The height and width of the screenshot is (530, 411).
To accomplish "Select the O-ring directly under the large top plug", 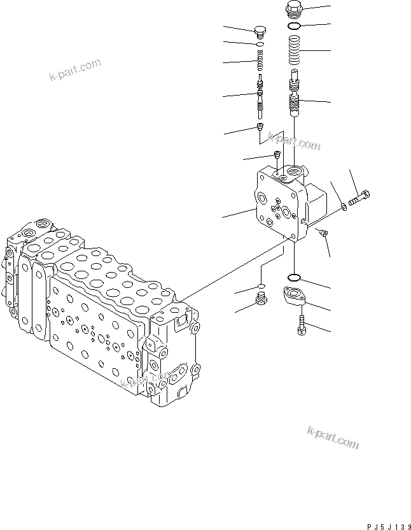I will tap(293, 27).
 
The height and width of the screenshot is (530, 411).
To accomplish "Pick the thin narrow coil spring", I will tap(259, 63).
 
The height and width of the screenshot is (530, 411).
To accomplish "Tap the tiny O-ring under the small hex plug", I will tap(259, 45).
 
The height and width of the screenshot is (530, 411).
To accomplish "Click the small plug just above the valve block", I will tap(277, 155).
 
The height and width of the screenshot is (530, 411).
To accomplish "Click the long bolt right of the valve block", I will tap(359, 196).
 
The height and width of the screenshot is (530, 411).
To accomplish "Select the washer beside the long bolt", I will tap(344, 205).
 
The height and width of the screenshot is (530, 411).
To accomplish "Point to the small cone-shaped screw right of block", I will tap(324, 234).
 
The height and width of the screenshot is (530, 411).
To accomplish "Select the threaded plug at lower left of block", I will tap(260, 298).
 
